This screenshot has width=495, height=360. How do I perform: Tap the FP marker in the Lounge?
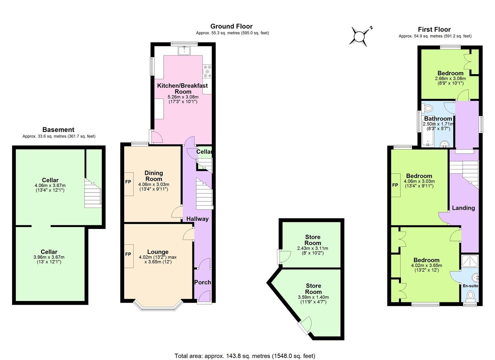(128, 254)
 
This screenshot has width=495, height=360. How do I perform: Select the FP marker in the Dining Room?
(128, 182)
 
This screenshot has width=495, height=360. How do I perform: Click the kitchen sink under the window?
(184, 51)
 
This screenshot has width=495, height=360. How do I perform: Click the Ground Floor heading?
(231, 26)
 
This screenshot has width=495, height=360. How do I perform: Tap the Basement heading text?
(58, 130)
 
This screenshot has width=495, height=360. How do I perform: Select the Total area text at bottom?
(245, 356)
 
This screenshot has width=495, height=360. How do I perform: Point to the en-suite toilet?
(470, 295)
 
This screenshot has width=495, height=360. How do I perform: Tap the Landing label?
(463, 208)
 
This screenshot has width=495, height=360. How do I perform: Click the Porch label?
(202, 282)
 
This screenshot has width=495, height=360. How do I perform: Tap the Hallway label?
(197, 219)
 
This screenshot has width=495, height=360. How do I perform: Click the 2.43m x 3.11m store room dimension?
(312, 248)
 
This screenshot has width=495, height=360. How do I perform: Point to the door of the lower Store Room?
(305, 325)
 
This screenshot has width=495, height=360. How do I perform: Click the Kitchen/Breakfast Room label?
(182, 88)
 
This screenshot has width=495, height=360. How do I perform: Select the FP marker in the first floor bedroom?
(395, 185)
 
